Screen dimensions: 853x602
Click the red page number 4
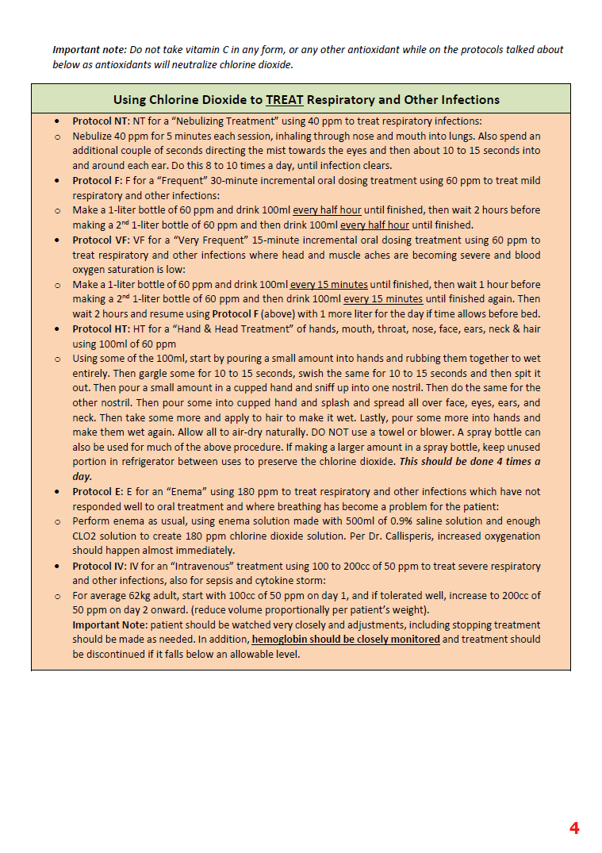tap(574, 828)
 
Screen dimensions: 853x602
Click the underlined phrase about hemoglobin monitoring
tap(346, 640)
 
